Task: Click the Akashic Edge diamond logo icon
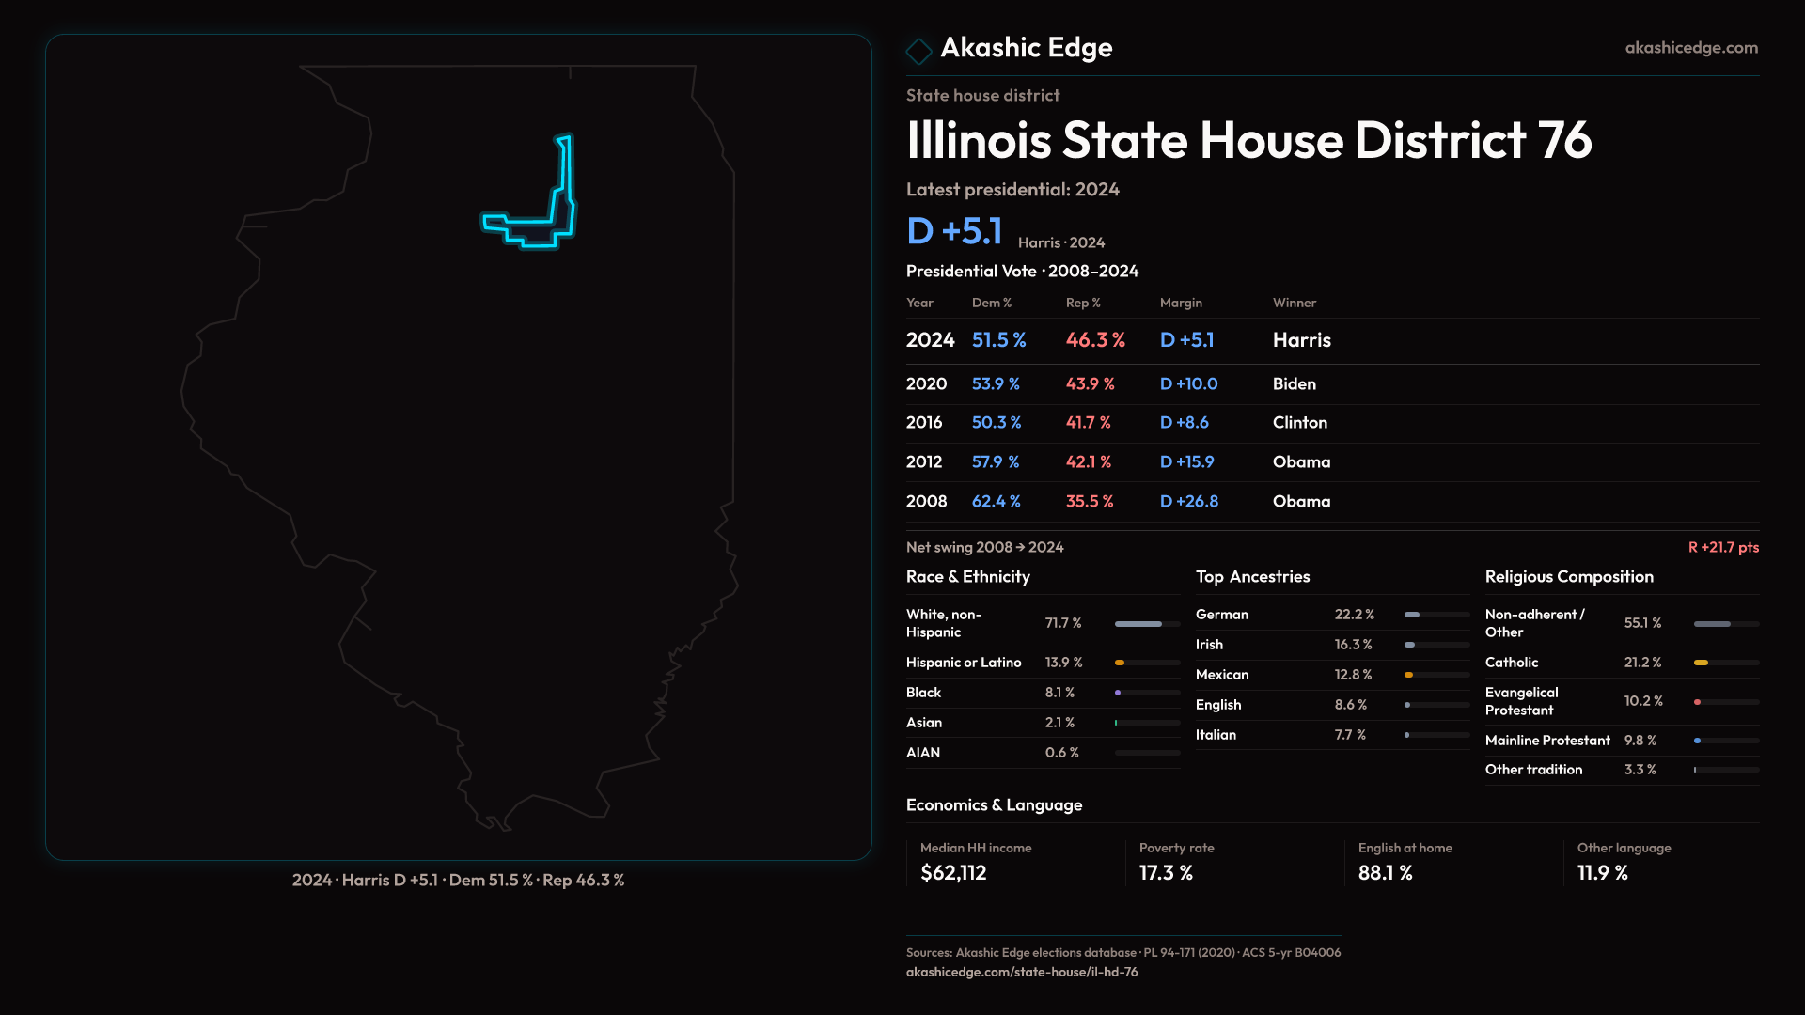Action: (918, 51)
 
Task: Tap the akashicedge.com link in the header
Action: (1691, 48)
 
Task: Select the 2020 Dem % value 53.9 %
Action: (996, 384)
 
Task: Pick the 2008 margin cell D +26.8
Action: (1188, 502)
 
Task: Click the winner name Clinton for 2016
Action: (1299, 423)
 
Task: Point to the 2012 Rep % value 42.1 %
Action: (1088, 462)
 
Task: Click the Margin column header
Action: (1181, 303)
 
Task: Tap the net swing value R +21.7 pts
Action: (1723, 547)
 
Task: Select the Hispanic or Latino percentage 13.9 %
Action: (1063, 663)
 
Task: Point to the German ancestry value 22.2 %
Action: (1354, 615)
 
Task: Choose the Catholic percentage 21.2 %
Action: (1642, 663)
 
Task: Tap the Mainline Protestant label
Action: (1547, 741)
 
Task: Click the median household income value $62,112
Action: (953, 873)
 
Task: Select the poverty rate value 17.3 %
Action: (1166, 873)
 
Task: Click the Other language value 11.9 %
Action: (1602, 873)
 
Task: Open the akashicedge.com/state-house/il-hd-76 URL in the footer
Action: (1022, 972)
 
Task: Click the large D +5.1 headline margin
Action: (954, 231)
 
